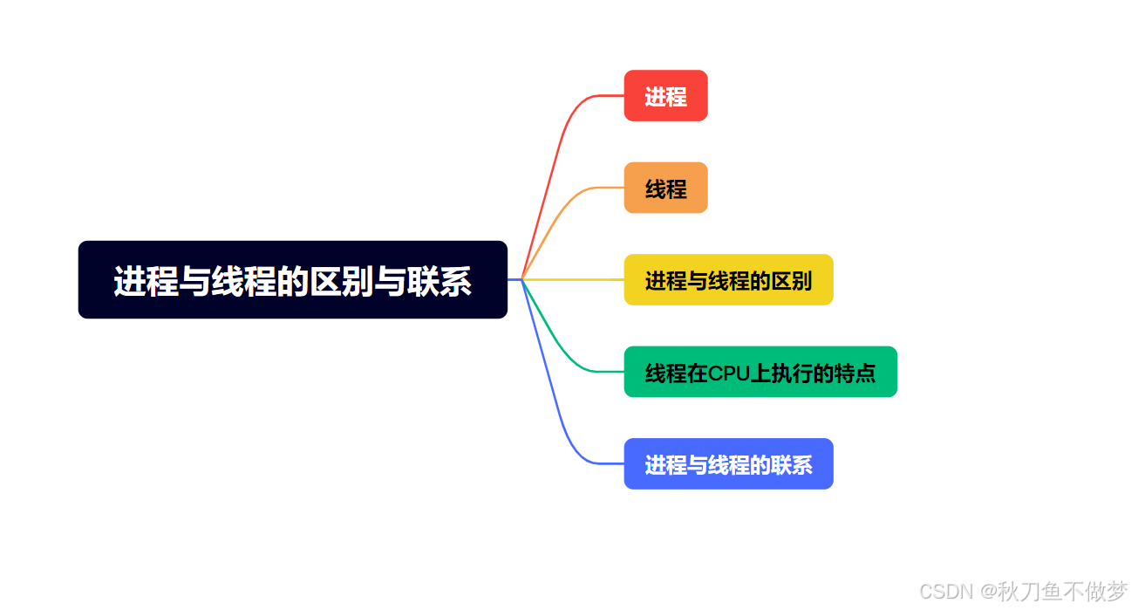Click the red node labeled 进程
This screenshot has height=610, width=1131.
coord(665,95)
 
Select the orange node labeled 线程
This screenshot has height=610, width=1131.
coord(665,188)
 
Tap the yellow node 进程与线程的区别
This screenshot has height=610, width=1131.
coord(729,279)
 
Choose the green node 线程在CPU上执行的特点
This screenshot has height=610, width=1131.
coord(760,372)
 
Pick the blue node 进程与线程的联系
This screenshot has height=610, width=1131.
coord(729,463)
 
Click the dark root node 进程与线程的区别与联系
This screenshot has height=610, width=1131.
coord(293,279)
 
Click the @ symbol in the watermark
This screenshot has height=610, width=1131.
coord(989,592)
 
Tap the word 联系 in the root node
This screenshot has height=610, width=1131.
coord(439,281)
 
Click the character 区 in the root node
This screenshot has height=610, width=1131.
coord(325,281)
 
